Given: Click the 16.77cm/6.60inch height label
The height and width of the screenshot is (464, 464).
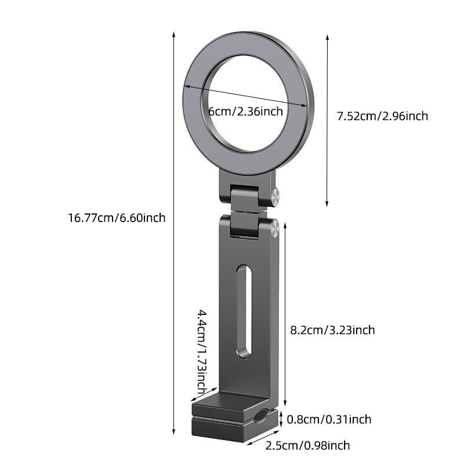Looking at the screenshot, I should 117,218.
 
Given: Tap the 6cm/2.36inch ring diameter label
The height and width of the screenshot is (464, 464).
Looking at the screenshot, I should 246,111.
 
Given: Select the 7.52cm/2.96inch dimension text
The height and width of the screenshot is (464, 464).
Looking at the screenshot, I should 382,116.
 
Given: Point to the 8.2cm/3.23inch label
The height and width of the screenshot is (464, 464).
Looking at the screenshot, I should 332,330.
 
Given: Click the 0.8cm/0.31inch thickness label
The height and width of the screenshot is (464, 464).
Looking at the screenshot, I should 329,419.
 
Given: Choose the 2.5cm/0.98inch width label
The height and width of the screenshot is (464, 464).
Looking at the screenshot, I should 307,445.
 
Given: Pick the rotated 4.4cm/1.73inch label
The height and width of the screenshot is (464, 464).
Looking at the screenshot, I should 201,350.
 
